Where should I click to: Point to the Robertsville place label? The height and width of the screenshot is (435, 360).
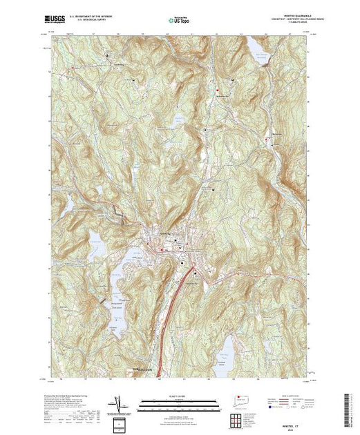pyautogui.click(x=276, y=132)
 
